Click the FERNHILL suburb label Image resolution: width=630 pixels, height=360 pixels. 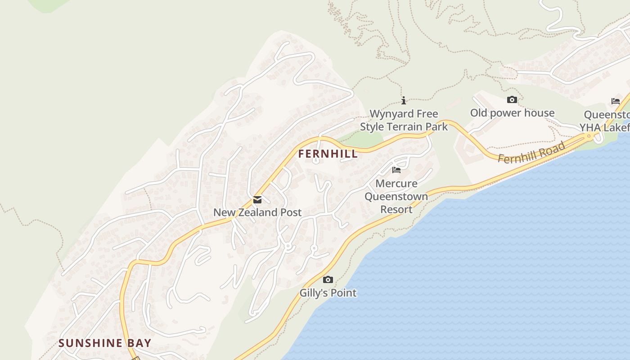(328, 154)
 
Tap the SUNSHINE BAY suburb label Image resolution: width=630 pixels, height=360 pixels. (105, 343)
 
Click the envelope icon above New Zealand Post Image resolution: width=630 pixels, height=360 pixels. (257, 200)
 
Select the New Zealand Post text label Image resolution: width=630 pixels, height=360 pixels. (257, 212)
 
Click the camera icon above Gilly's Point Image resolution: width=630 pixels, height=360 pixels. (328, 280)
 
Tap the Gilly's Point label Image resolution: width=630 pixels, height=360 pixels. (328, 293)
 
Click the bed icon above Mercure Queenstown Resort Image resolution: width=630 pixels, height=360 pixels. (396, 170)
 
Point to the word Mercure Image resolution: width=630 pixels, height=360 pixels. (396, 184)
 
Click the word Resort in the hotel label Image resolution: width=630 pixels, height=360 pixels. (396, 209)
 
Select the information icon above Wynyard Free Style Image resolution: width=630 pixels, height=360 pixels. (404, 100)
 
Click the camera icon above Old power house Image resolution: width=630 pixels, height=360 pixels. (512, 100)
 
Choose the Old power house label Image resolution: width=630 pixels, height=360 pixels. (512, 113)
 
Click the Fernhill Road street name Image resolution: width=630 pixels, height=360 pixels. (531, 153)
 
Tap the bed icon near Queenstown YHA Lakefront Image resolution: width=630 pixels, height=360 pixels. (615, 101)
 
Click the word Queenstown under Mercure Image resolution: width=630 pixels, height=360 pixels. (396, 197)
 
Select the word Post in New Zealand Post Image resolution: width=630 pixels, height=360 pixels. (291, 212)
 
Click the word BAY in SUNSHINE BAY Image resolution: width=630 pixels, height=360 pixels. (139, 343)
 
